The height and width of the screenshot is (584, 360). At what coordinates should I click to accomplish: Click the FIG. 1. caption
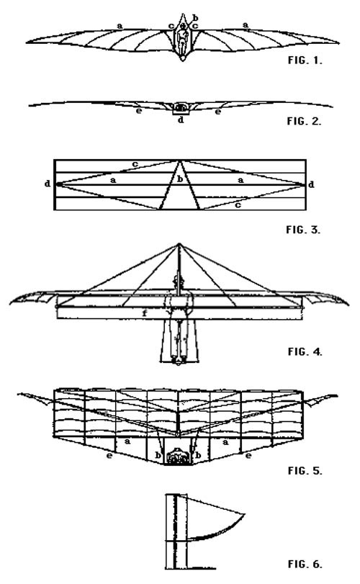click(x=305, y=60)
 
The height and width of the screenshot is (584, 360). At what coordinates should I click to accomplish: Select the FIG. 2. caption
click(x=304, y=121)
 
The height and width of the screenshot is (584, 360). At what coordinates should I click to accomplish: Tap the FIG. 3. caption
click(x=303, y=229)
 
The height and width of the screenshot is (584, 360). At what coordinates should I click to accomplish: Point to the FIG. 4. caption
click(x=305, y=351)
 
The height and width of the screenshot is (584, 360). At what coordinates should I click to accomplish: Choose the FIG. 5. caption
click(x=305, y=470)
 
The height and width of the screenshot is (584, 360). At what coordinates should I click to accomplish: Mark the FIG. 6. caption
click(x=305, y=564)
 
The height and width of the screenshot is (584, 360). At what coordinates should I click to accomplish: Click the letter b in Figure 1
click(x=195, y=17)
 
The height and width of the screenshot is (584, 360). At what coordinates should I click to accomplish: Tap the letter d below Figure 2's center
click(x=181, y=120)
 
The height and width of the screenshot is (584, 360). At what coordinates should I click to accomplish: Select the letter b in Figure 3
click(x=180, y=179)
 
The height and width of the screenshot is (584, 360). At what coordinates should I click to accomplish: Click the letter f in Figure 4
click(x=145, y=313)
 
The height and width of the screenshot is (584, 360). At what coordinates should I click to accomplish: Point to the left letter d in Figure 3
click(x=48, y=184)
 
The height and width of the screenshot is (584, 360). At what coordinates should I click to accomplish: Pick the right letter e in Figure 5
click(x=248, y=455)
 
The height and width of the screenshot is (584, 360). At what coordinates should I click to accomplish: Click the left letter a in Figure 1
click(x=120, y=26)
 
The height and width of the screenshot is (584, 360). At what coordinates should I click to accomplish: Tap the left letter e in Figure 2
click(x=138, y=111)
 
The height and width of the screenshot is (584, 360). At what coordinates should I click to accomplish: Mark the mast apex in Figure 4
click(x=179, y=244)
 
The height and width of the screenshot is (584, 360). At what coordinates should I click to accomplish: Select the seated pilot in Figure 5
click(x=179, y=457)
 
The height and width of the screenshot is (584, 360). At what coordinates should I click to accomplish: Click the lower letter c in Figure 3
click(x=238, y=205)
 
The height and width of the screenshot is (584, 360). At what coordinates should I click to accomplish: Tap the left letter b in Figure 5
click(x=158, y=455)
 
